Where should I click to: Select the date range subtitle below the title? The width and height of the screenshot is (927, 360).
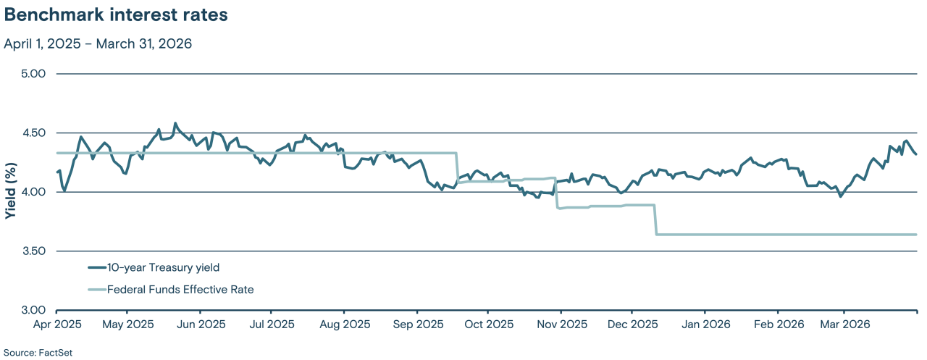click(x=98, y=43)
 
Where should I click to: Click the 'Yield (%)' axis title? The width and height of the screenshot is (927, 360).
click(x=10, y=193)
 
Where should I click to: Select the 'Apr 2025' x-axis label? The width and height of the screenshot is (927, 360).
click(x=56, y=324)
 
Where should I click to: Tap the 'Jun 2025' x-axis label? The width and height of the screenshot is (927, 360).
click(x=200, y=324)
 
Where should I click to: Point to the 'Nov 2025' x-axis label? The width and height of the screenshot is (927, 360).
click(x=561, y=324)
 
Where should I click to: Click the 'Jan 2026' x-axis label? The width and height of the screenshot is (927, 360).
click(x=705, y=324)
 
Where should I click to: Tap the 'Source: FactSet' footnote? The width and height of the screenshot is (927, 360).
click(x=38, y=353)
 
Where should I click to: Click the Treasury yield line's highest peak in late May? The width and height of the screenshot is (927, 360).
click(x=175, y=124)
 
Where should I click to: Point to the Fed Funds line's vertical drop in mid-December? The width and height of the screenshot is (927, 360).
click(x=655, y=220)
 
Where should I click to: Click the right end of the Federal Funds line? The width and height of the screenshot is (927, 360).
click(x=916, y=235)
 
